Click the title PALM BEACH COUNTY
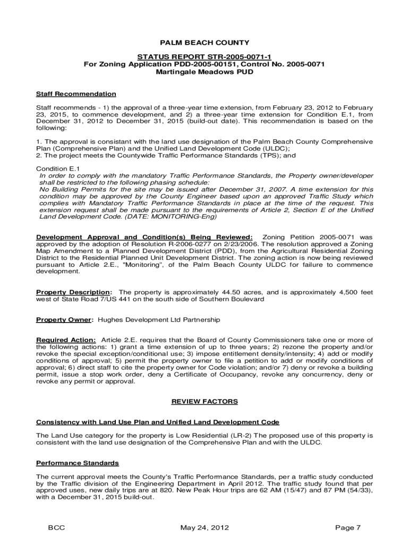point(204,42)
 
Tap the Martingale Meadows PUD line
point(204,72)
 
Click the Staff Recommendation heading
point(76,94)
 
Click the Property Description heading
point(74,292)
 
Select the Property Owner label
point(64,320)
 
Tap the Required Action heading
point(66,340)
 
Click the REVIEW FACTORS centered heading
point(204,402)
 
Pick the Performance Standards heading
point(77,463)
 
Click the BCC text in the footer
point(56,528)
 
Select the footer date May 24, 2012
point(204,528)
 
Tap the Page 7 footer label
point(348,528)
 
